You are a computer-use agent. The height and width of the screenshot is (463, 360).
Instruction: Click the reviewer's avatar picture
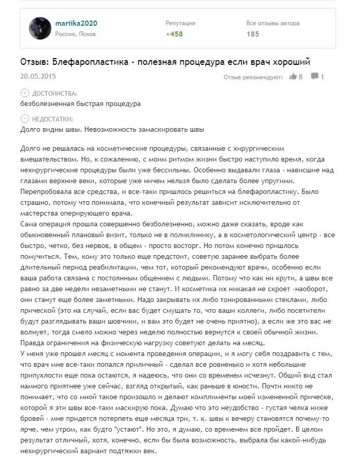pyautogui.click(x=40, y=28)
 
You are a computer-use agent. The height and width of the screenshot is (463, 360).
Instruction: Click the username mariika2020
pyautogui.click(x=77, y=24)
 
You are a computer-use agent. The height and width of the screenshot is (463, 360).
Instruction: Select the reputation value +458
pyautogui.click(x=174, y=34)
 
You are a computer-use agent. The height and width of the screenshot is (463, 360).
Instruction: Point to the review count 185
pyautogui.click(x=253, y=34)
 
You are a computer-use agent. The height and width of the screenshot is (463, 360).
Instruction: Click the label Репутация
pyautogui.click(x=180, y=23)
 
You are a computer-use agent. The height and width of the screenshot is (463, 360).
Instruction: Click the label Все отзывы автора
pyautogui.click(x=273, y=23)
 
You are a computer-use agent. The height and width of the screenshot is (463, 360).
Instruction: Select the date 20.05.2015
pyautogui.click(x=38, y=76)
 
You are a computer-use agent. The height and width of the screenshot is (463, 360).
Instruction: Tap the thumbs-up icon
pyautogui.click(x=293, y=77)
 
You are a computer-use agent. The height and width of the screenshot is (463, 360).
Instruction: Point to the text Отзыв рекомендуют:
pyautogui.click(x=253, y=77)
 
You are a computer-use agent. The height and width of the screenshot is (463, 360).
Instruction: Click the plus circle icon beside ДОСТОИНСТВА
pyautogui.click(x=25, y=93)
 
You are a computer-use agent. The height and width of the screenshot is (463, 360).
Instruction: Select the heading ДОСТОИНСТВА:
pyautogui.click(x=55, y=94)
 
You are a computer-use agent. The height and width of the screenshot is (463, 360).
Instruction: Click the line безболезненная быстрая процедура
pyautogui.click(x=80, y=103)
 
